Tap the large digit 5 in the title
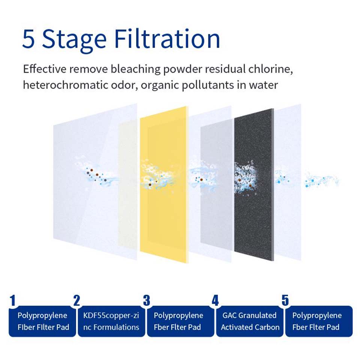pos(29,39)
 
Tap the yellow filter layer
pos(164,184)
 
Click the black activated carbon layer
pos(254,184)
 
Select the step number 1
pos(13,300)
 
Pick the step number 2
pos(76,300)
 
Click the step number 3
pos(147,300)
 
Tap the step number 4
pos(215,300)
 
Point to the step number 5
pos(285,300)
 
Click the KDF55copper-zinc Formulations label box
pos(111,321)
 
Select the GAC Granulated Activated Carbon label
pos(250,321)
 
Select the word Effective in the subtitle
pos(45,69)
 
